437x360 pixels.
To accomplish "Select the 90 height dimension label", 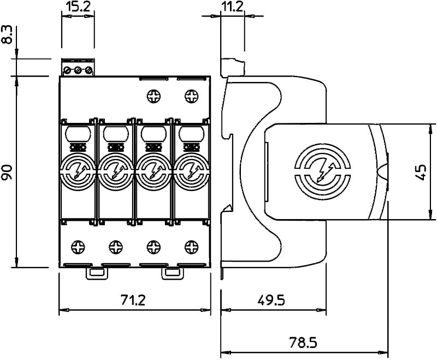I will coord(7,172).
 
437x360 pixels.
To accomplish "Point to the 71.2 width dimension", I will coord(134,299).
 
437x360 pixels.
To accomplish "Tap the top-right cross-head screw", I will coord(191,97).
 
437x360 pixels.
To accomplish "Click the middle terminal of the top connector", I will coord(78,70).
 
